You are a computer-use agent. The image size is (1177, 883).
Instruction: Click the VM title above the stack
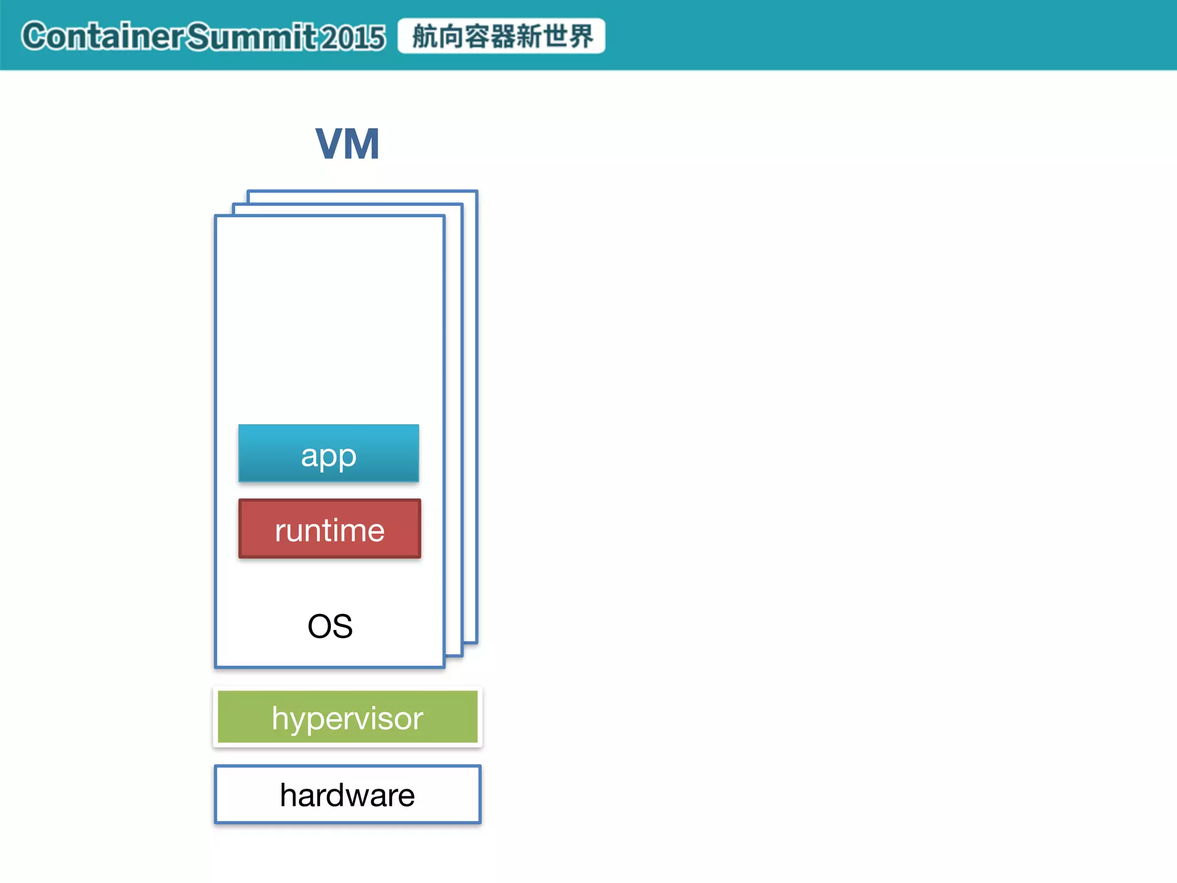pos(347,144)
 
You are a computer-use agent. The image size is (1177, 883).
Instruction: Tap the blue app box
pos(328,453)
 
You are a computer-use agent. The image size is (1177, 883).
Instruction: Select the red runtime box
pos(329,528)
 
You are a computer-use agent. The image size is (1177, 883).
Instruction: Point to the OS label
pos(330,626)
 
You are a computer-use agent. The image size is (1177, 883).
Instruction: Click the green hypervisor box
pos(347,717)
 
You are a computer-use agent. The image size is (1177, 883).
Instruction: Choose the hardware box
pos(347,794)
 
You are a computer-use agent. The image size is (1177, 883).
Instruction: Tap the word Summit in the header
pos(252,36)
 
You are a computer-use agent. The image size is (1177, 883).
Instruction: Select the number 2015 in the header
pos(352,37)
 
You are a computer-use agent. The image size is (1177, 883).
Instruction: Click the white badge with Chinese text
pos(501,36)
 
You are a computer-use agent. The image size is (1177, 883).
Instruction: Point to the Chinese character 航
pos(425,36)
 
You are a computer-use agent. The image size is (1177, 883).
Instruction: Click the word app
pos(328,456)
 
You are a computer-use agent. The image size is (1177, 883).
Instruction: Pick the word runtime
pos(329,530)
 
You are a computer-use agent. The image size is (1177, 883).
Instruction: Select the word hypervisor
pos(347,719)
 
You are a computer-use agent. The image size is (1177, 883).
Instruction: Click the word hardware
pos(347,796)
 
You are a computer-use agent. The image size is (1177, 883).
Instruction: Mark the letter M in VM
pos(362,144)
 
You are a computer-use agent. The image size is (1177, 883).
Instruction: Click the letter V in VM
pos(329,144)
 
